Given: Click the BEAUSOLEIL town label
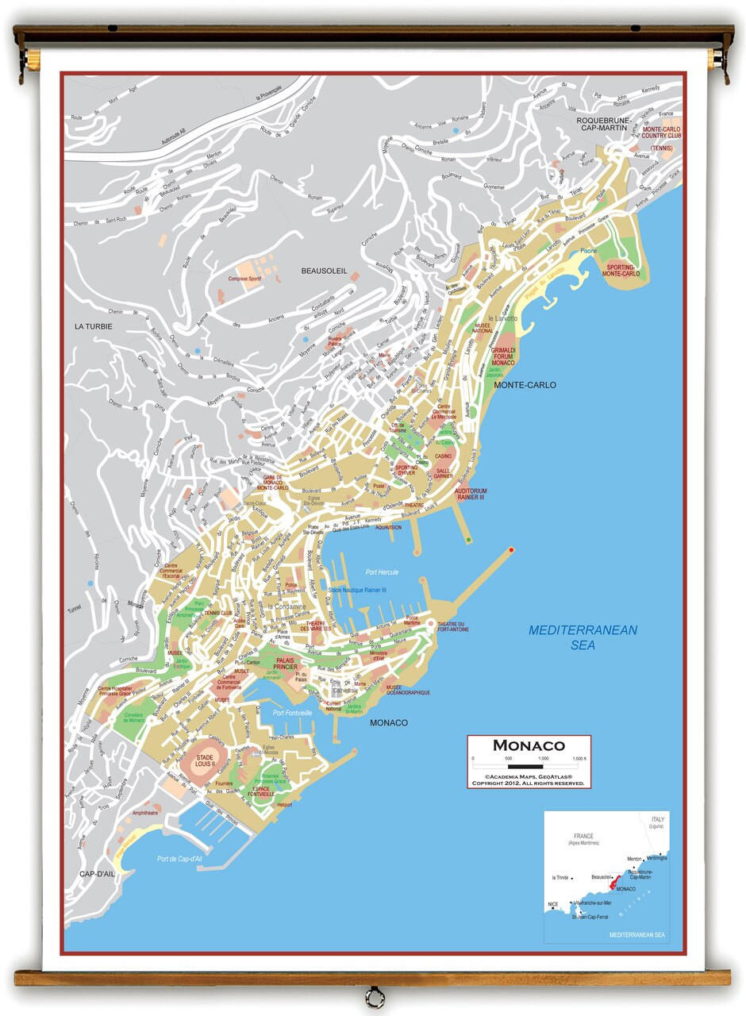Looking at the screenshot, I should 324,271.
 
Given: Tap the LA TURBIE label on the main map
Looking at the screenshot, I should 94,326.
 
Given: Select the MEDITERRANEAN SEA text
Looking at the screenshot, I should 583,637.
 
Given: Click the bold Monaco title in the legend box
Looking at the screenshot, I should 529,745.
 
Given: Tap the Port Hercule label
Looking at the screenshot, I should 382,572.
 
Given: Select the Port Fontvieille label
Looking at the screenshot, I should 292,714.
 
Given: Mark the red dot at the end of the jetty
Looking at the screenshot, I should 511,549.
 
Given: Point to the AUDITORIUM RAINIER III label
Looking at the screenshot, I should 471,495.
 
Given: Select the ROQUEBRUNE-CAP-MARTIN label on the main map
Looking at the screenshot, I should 603,125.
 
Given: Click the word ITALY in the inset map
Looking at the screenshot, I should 658,818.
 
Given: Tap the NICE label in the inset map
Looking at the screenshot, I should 552,905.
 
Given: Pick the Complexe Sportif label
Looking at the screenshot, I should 244,279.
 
